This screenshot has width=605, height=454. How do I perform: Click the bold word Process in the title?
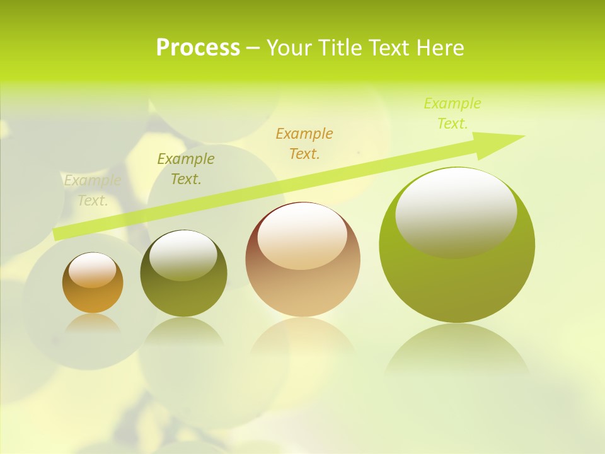[198, 48]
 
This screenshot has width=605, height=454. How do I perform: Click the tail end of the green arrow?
[58, 234]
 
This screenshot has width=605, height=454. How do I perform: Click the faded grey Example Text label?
[93, 190]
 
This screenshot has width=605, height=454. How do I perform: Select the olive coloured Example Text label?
[186, 169]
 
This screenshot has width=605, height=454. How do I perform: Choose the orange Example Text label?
[304, 143]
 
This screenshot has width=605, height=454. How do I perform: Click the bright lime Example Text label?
[452, 113]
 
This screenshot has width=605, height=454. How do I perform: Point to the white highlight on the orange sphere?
[93, 270]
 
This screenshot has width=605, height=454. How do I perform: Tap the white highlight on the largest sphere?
[456, 213]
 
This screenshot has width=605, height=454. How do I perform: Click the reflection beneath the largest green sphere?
[457, 350]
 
